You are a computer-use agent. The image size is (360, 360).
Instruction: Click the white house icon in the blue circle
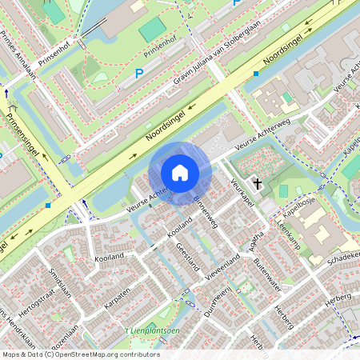coord(180,173)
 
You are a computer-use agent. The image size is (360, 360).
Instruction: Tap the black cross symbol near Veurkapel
coord(257,183)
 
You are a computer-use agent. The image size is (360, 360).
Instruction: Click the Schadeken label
coord(343,258)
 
